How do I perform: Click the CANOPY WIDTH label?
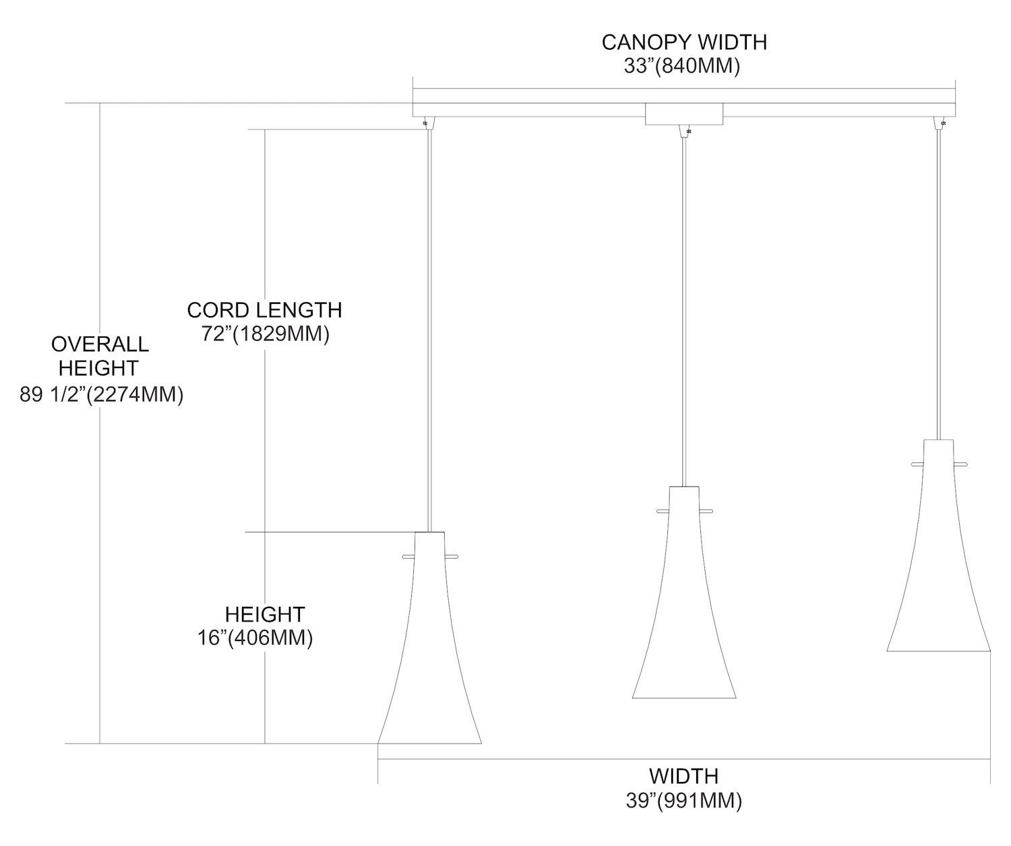pos(683,42)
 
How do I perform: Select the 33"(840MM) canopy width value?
pos(681,66)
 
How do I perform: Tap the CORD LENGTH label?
pos(264,310)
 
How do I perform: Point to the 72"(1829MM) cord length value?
pos(266,334)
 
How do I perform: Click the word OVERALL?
pos(100,344)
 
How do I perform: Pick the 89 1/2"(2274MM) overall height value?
pos(102,394)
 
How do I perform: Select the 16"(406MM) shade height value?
pos(255,638)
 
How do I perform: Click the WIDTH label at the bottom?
pos(683,777)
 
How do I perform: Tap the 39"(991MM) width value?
pos(683,800)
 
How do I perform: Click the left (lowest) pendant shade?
pos(429,638)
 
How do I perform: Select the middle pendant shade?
pos(684,593)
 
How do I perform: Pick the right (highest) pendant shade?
pos(939,545)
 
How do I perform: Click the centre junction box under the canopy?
pos(683,114)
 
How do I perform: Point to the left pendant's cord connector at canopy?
pos(429,123)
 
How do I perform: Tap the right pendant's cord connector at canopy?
pos(940,123)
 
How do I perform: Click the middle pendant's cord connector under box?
pos(684,131)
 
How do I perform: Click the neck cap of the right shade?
pos(939,453)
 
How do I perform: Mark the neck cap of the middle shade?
pos(684,500)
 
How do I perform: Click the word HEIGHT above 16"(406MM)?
pos(265,615)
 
